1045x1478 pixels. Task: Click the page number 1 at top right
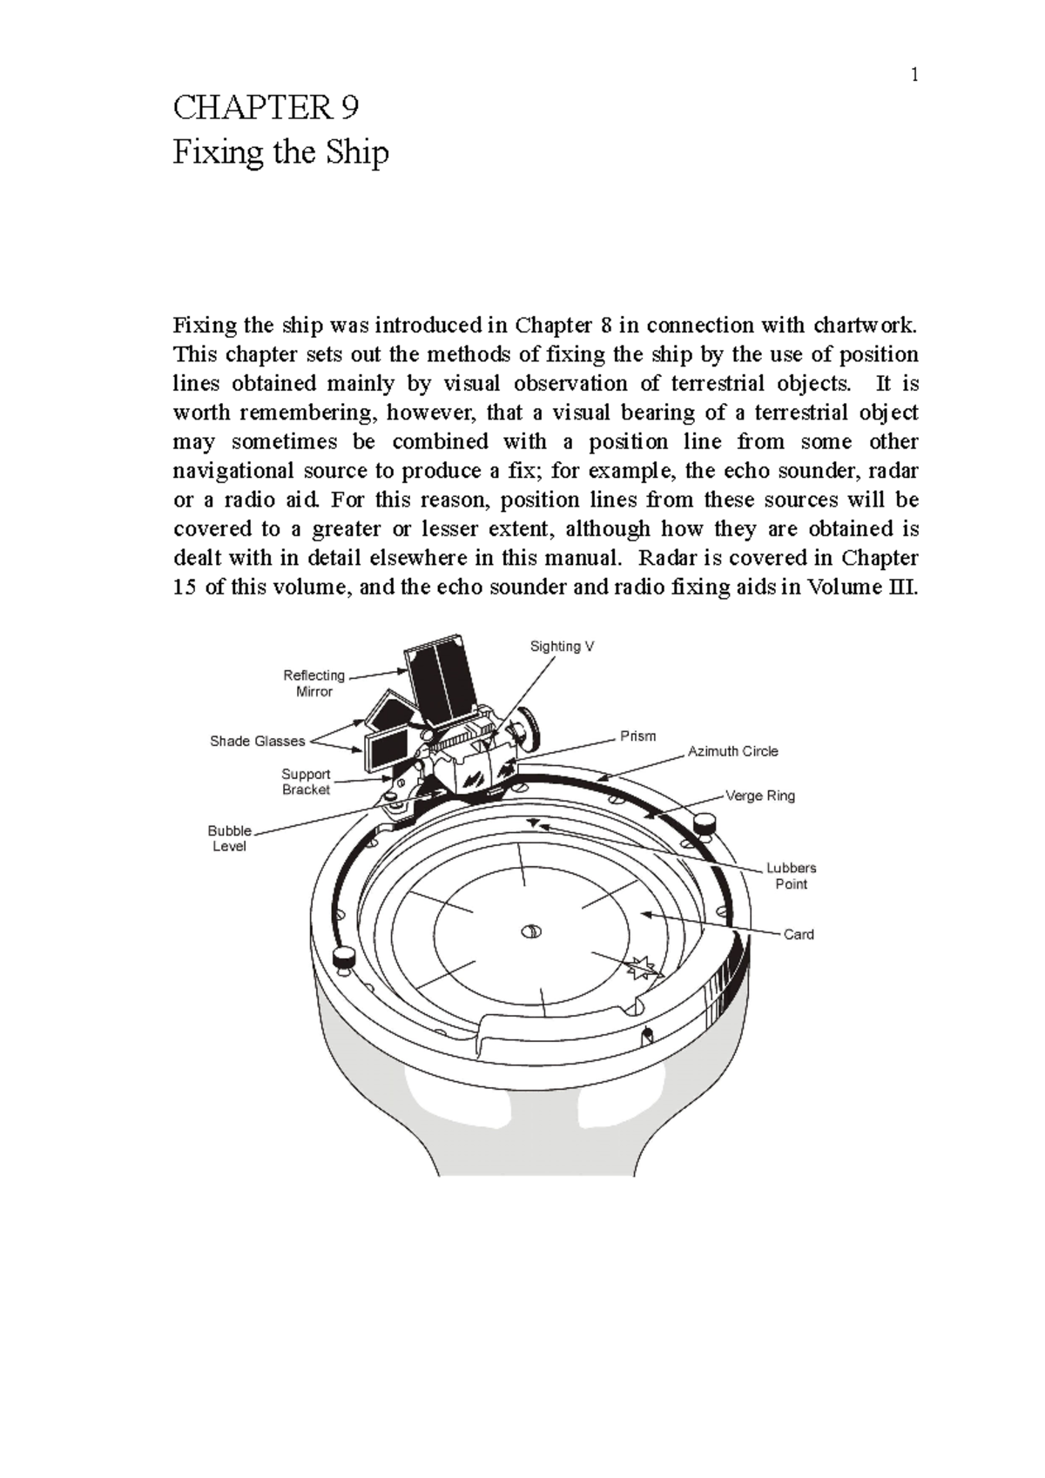[x=914, y=76]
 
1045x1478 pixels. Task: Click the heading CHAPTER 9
[x=266, y=108]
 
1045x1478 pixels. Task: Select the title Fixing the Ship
[x=280, y=153]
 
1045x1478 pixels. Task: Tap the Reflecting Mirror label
[x=313, y=683]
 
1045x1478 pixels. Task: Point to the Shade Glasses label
[x=258, y=741]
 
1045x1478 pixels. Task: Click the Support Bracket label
[x=306, y=782]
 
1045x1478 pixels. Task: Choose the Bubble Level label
[x=230, y=838]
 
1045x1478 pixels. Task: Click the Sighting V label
[x=562, y=646]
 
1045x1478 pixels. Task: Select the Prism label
[x=637, y=736]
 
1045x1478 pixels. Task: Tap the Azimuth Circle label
[x=732, y=751]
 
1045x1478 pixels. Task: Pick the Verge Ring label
[x=760, y=796]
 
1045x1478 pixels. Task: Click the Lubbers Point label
[x=791, y=876]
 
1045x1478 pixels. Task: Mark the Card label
[x=798, y=934]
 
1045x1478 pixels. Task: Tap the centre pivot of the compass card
[x=530, y=932]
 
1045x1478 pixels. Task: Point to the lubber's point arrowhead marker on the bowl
[x=533, y=823]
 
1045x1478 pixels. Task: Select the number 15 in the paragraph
[x=185, y=587]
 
